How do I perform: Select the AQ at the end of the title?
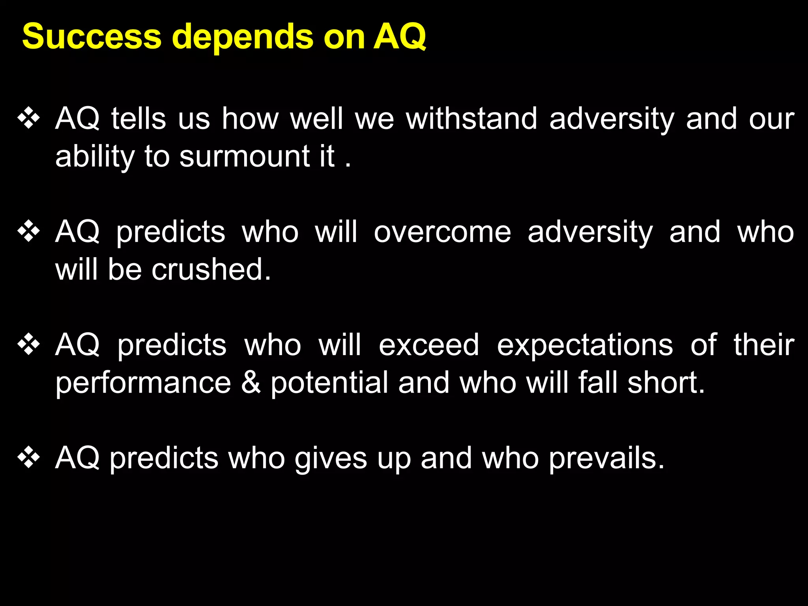pyautogui.click(x=399, y=37)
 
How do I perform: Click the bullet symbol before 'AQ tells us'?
pyautogui.click(x=29, y=118)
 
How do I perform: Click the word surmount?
pyautogui.click(x=245, y=157)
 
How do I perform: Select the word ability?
pyautogui.click(x=95, y=157)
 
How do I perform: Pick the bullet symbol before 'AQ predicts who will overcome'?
pyautogui.click(x=29, y=232)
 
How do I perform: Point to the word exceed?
pyautogui.click(x=429, y=345)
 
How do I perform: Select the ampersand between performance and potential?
pyautogui.click(x=251, y=383)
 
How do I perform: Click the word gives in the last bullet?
pyautogui.click(x=331, y=458)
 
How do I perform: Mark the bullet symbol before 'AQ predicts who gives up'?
pyautogui.click(x=29, y=458)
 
